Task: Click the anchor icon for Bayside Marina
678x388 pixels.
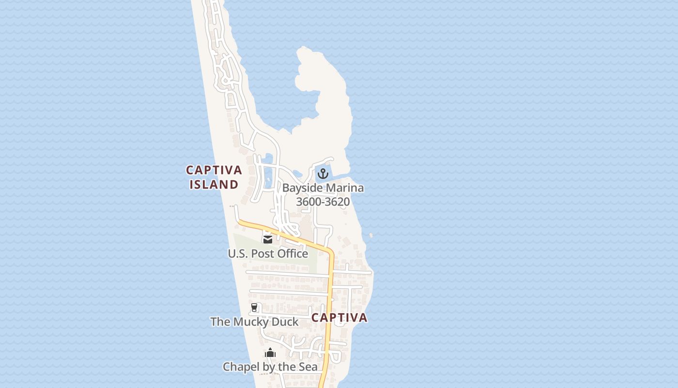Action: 323,174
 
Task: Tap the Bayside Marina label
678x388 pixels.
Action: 323,188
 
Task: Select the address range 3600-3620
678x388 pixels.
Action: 323,202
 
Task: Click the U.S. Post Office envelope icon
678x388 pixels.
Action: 267,239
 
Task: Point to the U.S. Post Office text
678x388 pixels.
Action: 268,254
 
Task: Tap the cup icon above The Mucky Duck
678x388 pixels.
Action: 254,307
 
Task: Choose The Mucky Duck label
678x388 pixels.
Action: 254,322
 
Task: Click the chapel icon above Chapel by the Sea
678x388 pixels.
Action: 270,353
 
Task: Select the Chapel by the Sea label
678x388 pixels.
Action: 270,367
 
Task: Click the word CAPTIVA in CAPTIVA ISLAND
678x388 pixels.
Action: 214,170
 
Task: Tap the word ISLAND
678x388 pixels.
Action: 214,185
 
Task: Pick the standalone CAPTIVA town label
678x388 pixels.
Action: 339,318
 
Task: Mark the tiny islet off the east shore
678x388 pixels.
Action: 371,236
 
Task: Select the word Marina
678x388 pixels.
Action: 344,188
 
